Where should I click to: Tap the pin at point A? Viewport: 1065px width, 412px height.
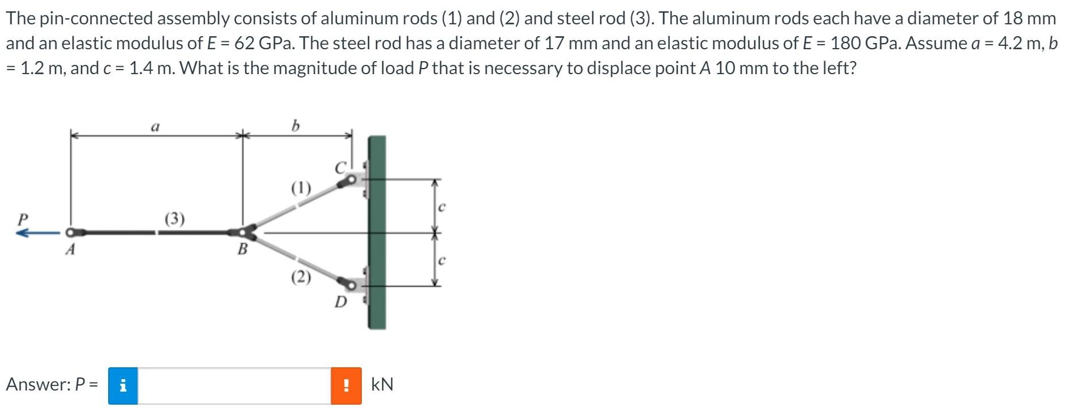pyautogui.click(x=70, y=232)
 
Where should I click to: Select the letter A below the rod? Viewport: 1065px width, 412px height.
pyautogui.click(x=70, y=250)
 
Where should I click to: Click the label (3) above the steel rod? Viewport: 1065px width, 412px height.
pyautogui.click(x=174, y=218)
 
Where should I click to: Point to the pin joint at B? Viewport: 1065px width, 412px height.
pyautogui.click(x=244, y=232)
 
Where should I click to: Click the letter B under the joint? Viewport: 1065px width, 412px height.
pyautogui.click(x=242, y=249)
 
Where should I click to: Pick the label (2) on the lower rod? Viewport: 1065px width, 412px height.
pyautogui.click(x=301, y=277)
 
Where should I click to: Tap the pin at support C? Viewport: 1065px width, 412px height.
pyautogui.click(x=352, y=180)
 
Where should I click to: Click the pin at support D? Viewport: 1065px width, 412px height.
pyautogui.click(x=352, y=286)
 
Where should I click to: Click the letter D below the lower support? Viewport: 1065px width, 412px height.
pyautogui.click(x=340, y=302)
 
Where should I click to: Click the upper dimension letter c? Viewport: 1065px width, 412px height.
pyautogui.click(x=442, y=208)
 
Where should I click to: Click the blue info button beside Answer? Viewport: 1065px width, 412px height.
pyautogui.click(x=123, y=385)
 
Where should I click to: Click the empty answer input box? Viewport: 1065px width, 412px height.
pyautogui.click(x=234, y=385)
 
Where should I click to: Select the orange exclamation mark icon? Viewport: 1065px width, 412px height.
pyautogui.click(x=346, y=385)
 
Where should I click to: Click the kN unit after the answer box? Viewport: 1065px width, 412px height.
pyautogui.click(x=382, y=385)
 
